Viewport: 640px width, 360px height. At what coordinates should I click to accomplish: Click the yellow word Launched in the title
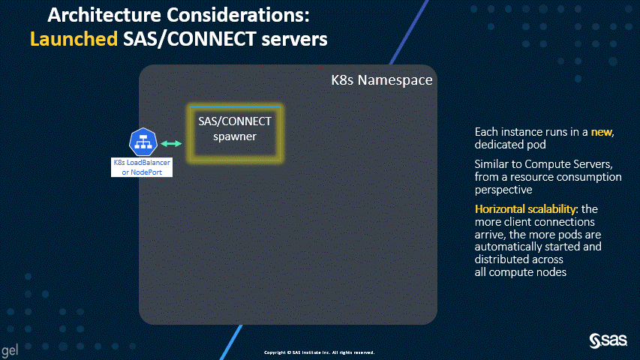pyautogui.click(x=74, y=39)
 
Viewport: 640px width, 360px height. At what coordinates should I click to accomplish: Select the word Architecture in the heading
pyautogui.click(x=104, y=15)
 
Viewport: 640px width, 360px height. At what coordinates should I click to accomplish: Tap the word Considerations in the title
pyautogui.click(x=237, y=15)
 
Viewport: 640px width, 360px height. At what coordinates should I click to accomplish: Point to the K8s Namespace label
pyautogui.click(x=382, y=80)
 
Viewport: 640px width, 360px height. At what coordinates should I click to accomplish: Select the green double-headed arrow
pyautogui.click(x=171, y=144)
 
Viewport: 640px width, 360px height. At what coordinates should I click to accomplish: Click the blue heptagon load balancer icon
pyautogui.click(x=143, y=142)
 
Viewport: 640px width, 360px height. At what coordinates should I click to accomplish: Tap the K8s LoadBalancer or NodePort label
pyautogui.click(x=142, y=167)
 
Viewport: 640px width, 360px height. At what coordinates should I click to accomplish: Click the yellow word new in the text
pyautogui.click(x=602, y=132)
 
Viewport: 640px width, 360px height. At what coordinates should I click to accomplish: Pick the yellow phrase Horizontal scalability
pyautogui.click(x=525, y=209)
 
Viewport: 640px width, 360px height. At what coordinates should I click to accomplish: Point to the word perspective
pyautogui.click(x=503, y=190)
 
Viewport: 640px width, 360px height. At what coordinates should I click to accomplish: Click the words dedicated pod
pyautogui.click(x=510, y=145)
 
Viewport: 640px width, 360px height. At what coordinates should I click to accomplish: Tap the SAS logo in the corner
pyautogui.click(x=608, y=340)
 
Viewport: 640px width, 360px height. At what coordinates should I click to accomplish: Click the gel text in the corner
pyautogui.click(x=10, y=350)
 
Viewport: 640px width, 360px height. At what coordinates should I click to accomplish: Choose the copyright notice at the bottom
pyautogui.click(x=319, y=352)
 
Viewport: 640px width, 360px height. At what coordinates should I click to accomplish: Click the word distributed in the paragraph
pyautogui.click(x=504, y=259)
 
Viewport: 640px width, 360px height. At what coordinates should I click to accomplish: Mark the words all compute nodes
pyautogui.click(x=521, y=272)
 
